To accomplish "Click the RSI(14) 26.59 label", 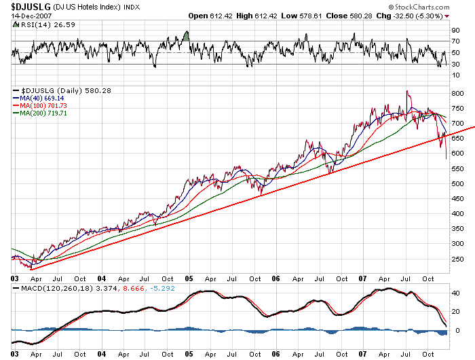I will (42, 26).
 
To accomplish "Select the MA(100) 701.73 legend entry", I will (47, 106).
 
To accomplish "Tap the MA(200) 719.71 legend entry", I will (47, 113).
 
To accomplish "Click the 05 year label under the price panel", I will (189, 278).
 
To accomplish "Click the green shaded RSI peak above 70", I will (186, 35).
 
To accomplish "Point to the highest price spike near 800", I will (407, 91).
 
